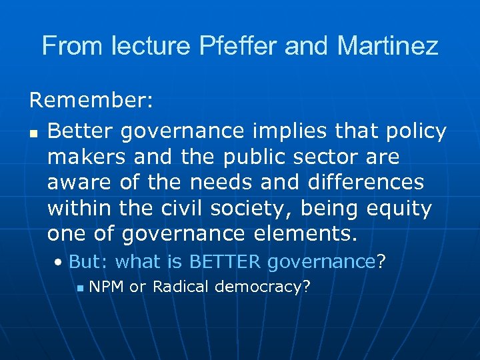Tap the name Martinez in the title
pos(388,46)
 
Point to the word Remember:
pos(91,101)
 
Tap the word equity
pos(399,209)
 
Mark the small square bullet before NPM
pos(80,289)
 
